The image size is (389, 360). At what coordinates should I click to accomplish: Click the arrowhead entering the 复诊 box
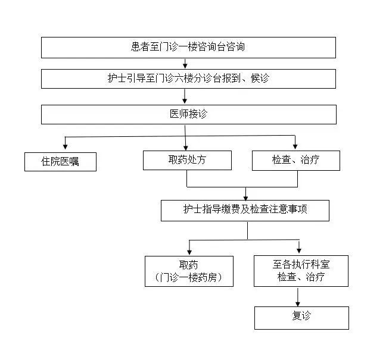tap(298, 304)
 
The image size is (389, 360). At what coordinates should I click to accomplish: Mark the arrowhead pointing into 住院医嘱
tap(65, 146)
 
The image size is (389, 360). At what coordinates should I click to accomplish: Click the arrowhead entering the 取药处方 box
tap(186, 148)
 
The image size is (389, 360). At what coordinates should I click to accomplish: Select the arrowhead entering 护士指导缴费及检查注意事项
tap(245, 198)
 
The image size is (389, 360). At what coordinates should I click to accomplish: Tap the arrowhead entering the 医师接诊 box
tap(185, 101)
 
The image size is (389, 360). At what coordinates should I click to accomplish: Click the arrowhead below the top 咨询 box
tap(185, 65)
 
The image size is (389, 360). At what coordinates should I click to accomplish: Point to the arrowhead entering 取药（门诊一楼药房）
tap(189, 252)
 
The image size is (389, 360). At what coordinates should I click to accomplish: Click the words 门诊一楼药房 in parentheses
tap(189, 277)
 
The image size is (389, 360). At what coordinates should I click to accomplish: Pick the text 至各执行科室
tap(301, 264)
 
